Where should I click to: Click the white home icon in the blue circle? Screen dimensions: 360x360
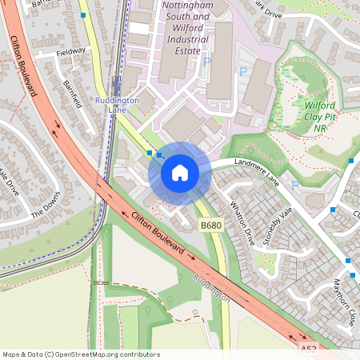[x=180, y=173]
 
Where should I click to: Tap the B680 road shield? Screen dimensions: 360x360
[x=210, y=226]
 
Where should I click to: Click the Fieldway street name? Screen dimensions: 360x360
[x=70, y=51]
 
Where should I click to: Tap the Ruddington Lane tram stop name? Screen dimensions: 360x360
[x=118, y=106]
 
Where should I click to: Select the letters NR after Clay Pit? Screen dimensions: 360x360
[x=320, y=128]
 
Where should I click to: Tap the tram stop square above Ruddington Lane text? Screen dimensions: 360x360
[x=118, y=82]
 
